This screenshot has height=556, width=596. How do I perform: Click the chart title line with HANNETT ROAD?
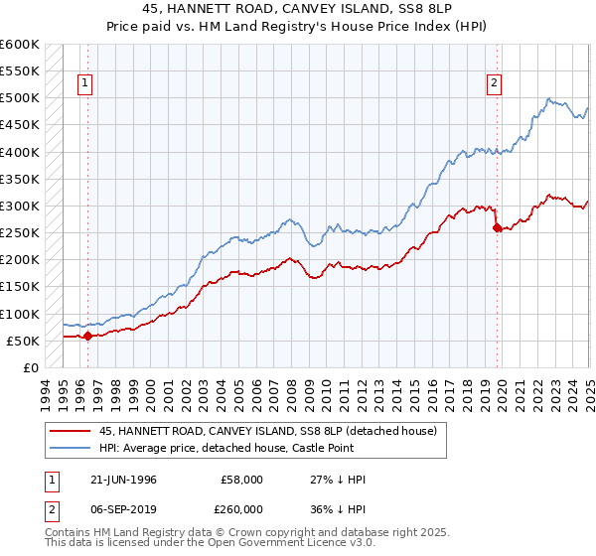(297, 10)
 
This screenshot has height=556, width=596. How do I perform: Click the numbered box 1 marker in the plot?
(86, 84)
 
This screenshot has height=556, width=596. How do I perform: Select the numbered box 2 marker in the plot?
(494, 84)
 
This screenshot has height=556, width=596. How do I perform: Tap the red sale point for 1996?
(87, 336)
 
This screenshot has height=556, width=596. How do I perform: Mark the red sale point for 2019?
(497, 227)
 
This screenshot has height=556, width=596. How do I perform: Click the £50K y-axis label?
(23, 341)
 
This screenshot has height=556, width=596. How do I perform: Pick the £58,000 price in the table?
(241, 479)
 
